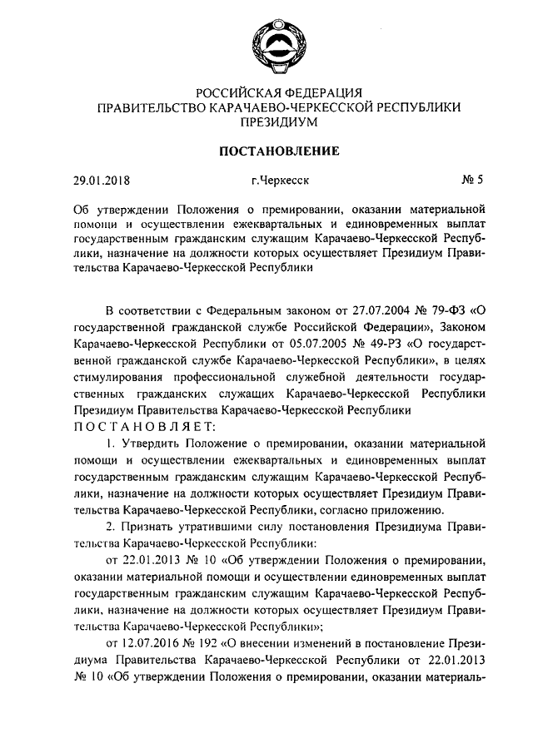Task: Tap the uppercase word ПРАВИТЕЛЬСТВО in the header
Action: pyautogui.click(x=147, y=107)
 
